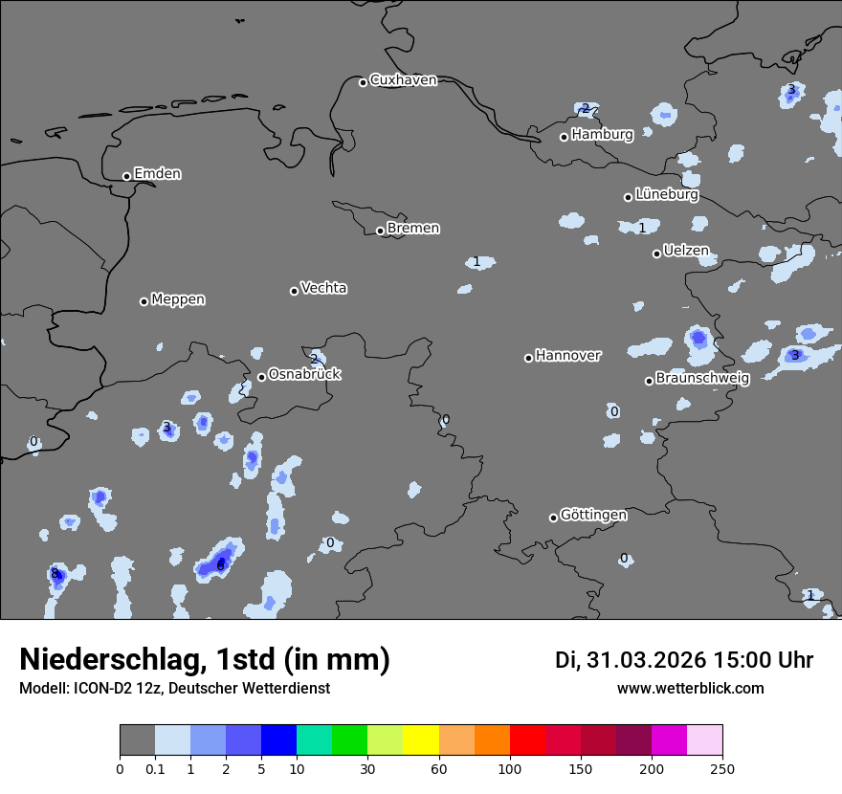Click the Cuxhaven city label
click(x=403, y=80)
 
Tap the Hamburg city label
click(x=602, y=135)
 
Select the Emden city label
click(x=157, y=174)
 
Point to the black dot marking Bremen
click(x=380, y=231)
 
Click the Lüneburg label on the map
click(x=666, y=195)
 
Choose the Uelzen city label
click(x=686, y=252)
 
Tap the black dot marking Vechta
click(x=294, y=291)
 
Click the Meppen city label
click(x=178, y=299)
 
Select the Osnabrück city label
click(x=304, y=375)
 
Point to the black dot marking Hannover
click(x=528, y=358)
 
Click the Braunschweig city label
click(x=702, y=379)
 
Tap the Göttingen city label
click(x=593, y=516)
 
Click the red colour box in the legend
click(x=527, y=740)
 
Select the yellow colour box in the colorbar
click(x=421, y=740)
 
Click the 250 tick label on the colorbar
click(x=722, y=768)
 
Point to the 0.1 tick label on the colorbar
click(x=155, y=768)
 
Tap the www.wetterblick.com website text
click(x=690, y=689)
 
